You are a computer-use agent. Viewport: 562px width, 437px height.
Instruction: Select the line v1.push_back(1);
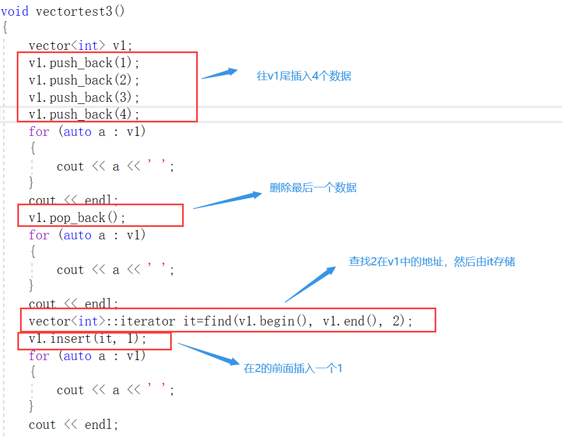pos(84,63)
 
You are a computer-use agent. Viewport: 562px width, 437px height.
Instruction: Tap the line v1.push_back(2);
pos(84,80)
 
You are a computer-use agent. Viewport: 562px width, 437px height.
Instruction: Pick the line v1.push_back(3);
pos(84,97)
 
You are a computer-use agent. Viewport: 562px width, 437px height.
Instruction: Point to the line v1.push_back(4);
pos(84,114)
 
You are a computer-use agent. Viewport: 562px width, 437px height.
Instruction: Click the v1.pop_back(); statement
pos(77,218)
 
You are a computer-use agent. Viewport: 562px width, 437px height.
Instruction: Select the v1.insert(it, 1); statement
pos(87,339)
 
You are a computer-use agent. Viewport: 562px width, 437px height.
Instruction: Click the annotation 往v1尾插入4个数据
pos(303,76)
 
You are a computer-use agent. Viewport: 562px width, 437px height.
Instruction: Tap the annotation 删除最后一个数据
pos(313,188)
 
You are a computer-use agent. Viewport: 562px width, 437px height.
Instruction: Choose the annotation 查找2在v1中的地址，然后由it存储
pos(431,262)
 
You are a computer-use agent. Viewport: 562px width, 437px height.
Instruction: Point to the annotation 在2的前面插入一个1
pos(293,369)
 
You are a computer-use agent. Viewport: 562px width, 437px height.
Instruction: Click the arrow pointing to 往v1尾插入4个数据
pos(219,74)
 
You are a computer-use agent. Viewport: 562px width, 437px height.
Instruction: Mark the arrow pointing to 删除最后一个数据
pos(228,200)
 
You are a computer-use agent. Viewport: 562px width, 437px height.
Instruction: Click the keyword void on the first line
pos(15,11)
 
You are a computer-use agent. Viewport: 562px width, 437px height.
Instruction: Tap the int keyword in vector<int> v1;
pos(88,45)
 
